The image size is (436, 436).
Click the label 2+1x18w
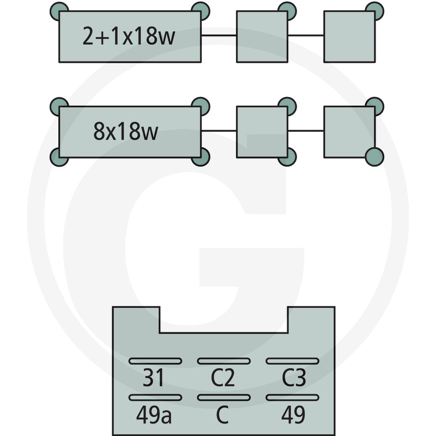click(x=129, y=36)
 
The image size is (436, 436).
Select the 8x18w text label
click(x=126, y=131)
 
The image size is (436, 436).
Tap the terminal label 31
click(x=154, y=377)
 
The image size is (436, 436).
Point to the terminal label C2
click(x=223, y=377)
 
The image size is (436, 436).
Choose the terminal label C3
click(x=294, y=377)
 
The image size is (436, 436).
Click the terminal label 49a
click(x=154, y=414)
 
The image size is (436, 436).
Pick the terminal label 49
click(x=293, y=414)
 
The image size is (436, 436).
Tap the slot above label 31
click(x=155, y=361)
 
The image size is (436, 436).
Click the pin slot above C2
click(x=224, y=361)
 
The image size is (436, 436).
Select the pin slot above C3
click(x=292, y=361)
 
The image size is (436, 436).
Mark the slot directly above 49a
click(x=155, y=397)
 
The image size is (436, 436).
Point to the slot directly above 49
click(x=292, y=397)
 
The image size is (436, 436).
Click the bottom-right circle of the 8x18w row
click(x=374, y=157)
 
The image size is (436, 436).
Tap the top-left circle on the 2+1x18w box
click(x=59, y=11)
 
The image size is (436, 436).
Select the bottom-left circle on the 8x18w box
click(x=59, y=157)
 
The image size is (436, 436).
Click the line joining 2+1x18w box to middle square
click(x=219, y=35)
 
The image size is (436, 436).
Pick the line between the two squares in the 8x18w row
click(x=306, y=131)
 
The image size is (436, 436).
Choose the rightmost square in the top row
click(x=349, y=37)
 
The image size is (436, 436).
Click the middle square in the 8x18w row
click(x=262, y=132)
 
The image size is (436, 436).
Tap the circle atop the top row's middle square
click(x=287, y=11)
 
